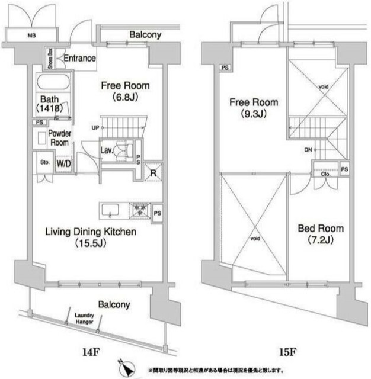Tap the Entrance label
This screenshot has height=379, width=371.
tap(79, 58)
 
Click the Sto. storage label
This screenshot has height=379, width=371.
tap(44, 160)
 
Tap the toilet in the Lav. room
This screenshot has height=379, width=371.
tap(123, 152)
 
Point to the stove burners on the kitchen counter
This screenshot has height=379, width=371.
tap(140, 209)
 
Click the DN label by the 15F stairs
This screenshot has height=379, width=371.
tap(308, 150)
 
